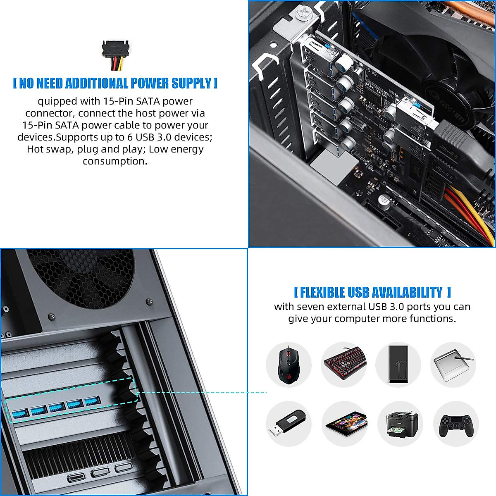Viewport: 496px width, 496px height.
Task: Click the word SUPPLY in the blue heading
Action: pyautogui.click(x=191, y=83)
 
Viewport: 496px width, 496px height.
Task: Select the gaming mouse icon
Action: pyautogui.click(x=288, y=365)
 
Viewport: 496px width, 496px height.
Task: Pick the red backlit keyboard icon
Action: pyautogui.click(x=344, y=365)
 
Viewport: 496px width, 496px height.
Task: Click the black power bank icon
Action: pyautogui.click(x=398, y=364)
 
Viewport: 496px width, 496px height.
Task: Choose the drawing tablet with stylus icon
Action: pyautogui.click(x=453, y=365)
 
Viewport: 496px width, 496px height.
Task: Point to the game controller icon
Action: pyautogui.click(x=455, y=424)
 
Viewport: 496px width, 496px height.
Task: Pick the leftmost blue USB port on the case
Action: pyautogui.click(x=19, y=413)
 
